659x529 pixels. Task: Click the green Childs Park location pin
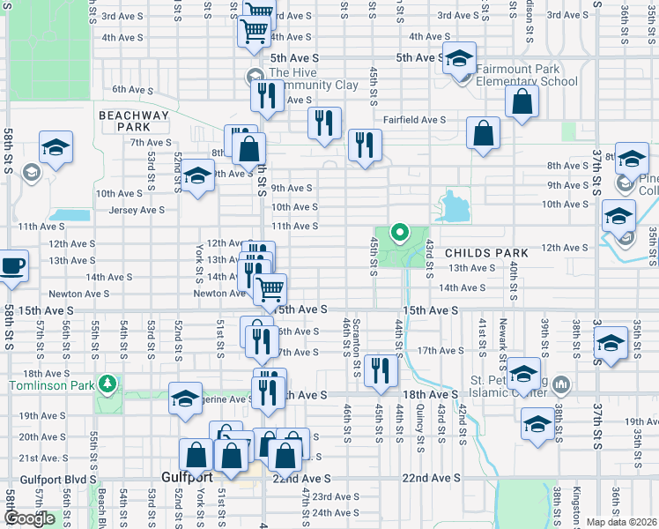398,234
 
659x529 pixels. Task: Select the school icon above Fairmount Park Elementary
458,59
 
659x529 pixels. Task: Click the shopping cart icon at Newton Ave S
270,287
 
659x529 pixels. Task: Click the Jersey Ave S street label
137,210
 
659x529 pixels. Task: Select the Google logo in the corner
29,518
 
